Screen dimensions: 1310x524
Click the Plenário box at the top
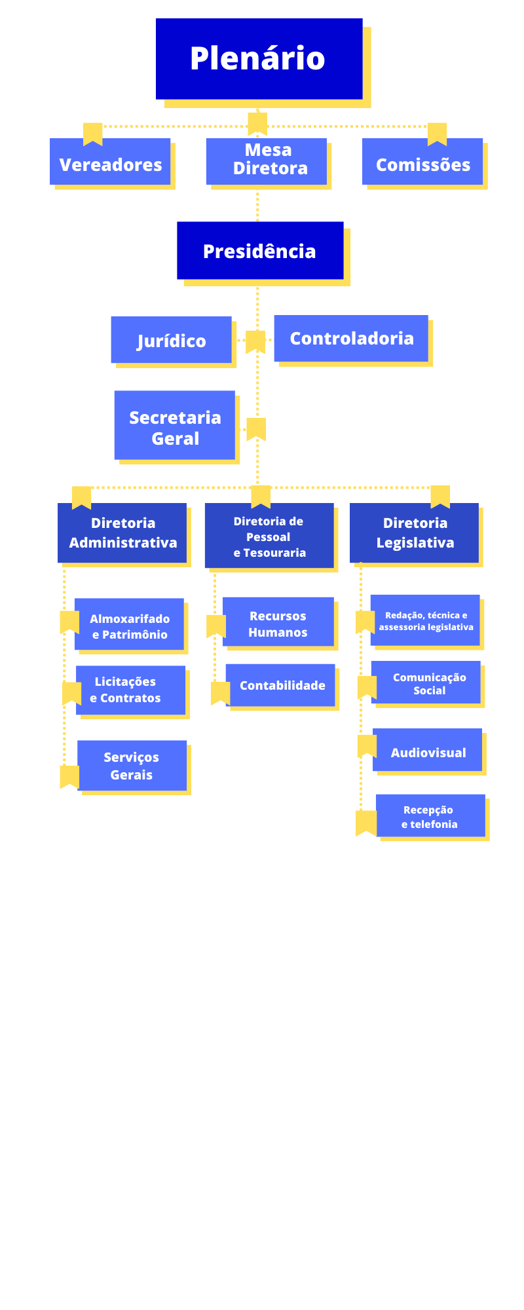coord(259,58)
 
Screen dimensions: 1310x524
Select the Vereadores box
coord(110,162)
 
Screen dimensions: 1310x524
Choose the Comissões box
coord(422,162)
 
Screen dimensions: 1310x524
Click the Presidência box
coord(260,250)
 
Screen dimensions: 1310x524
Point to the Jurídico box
coord(171,339)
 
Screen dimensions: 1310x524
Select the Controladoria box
coord(351,338)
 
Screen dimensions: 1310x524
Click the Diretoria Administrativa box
coord(122,533)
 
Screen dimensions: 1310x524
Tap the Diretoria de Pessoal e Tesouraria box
coord(269,536)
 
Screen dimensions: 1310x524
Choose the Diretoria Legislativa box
coord(415,533)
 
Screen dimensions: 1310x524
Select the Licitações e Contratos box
coord(130,690)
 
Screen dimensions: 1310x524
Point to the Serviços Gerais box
coord(132,765)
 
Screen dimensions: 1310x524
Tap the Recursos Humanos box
coord(278,622)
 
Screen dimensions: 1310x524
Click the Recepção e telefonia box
coord(430,815)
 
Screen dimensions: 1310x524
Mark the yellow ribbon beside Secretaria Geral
coord(256,428)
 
